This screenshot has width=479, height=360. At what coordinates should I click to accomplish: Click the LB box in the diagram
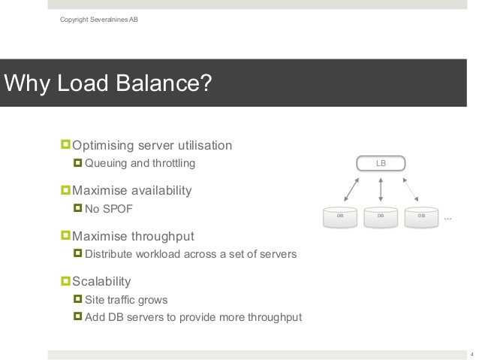pos(381,162)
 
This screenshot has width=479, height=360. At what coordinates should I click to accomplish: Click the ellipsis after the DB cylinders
pos(448,219)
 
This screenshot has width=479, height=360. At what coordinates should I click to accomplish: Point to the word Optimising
pos(103,144)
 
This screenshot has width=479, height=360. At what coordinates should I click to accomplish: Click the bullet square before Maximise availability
pos(65,190)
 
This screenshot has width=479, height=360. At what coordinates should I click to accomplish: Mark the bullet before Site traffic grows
pos(78,300)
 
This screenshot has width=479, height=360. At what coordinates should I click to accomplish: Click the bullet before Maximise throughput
pos(65,236)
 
